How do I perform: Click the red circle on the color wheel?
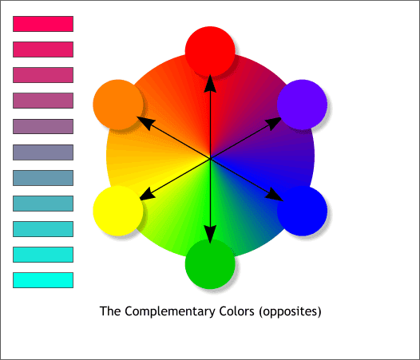click(210, 49)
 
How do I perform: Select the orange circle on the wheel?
click(118, 105)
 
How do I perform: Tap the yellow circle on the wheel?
click(118, 211)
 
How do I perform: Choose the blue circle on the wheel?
click(303, 211)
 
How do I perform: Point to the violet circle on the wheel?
click(303, 105)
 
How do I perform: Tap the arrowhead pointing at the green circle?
click(210, 233)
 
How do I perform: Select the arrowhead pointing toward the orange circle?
click(144, 121)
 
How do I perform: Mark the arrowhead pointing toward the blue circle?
click(276, 196)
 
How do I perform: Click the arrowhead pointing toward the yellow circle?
click(145, 196)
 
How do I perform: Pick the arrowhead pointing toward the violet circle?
click(275, 121)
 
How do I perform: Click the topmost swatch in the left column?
click(43, 24)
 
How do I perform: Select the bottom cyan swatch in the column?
click(43, 280)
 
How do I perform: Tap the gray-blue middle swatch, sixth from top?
click(43, 152)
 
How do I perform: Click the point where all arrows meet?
click(210, 158)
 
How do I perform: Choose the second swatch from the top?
click(43, 49)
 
